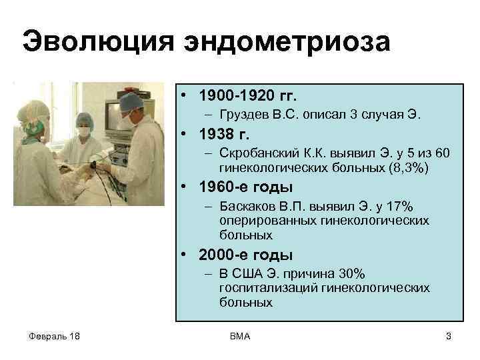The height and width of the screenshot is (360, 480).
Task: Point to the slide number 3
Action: [448, 337]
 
